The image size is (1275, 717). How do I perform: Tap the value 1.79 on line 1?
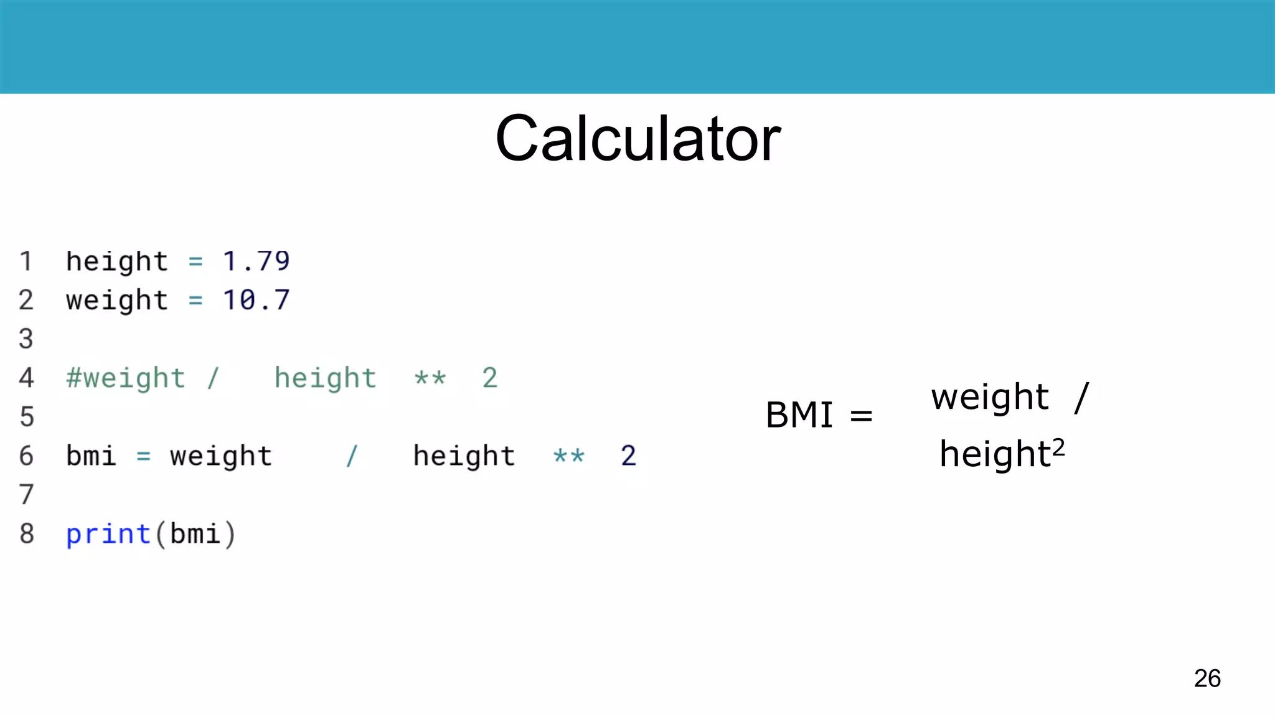click(256, 261)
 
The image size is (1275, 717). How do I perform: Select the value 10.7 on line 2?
click(256, 300)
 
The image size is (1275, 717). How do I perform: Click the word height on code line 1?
click(117, 261)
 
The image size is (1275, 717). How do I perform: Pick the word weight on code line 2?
click(117, 301)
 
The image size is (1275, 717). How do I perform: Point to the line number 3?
click(26, 339)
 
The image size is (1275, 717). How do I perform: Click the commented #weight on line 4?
click(126, 378)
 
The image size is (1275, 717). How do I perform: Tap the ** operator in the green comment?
click(430, 378)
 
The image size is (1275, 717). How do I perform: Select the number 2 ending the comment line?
click(490, 378)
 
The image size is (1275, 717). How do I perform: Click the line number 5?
click(26, 417)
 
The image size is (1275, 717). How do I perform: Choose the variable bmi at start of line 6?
click(91, 456)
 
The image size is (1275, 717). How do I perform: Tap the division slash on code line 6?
click(352, 456)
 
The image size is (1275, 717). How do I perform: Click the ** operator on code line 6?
click(569, 456)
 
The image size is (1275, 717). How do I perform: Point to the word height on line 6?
click(464, 456)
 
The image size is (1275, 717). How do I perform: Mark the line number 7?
click(26, 495)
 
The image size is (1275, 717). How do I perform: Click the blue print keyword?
click(108, 534)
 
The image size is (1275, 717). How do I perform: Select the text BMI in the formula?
click(799, 415)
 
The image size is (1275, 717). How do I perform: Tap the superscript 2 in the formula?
click(1058, 447)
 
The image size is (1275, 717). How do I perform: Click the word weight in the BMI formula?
click(990, 397)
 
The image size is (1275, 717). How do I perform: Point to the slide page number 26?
click(1207, 678)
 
